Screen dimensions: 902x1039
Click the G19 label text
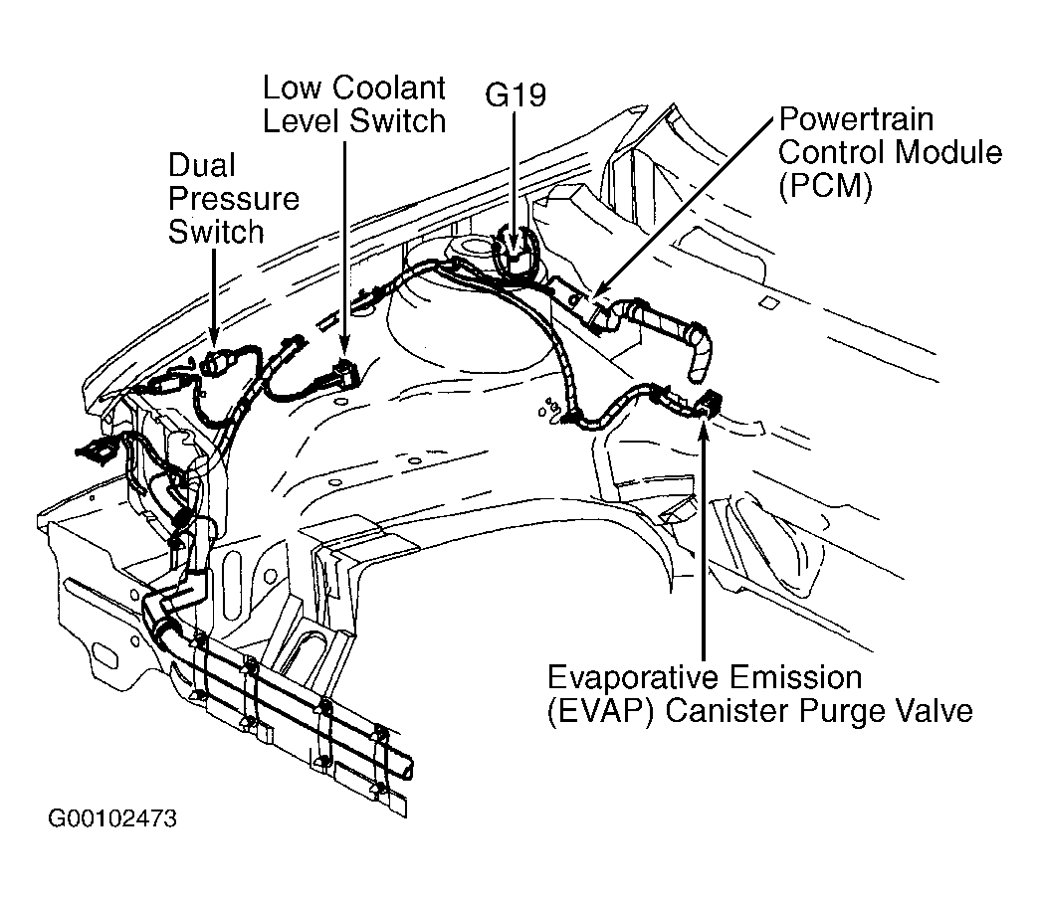(516, 95)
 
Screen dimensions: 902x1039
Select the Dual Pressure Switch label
(233, 198)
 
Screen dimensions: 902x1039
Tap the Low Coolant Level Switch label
(353, 103)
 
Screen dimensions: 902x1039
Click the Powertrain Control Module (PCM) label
(890, 153)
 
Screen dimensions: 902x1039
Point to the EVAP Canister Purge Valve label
(759, 695)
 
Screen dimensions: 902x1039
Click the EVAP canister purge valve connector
(708, 403)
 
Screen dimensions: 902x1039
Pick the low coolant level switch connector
(344, 376)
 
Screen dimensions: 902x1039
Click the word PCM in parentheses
(825, 187)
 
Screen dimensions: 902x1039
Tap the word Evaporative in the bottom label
(637, 678)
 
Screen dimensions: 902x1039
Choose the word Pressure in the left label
(233, 198)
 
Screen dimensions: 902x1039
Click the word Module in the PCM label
(946, 153)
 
